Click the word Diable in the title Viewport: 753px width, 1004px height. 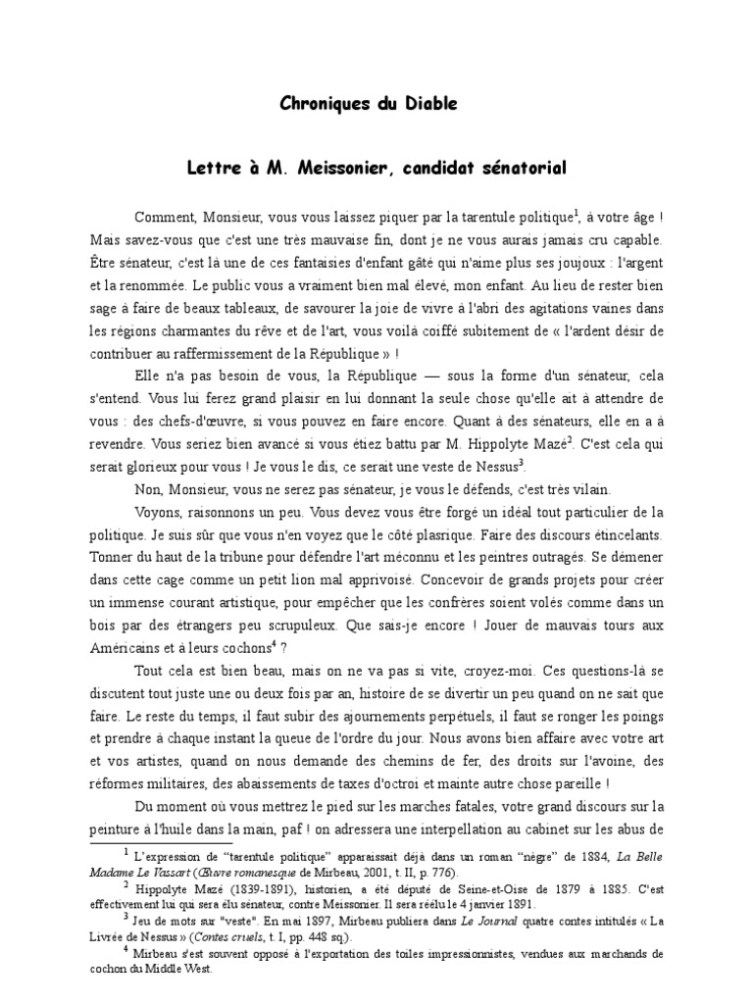[428, 103]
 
